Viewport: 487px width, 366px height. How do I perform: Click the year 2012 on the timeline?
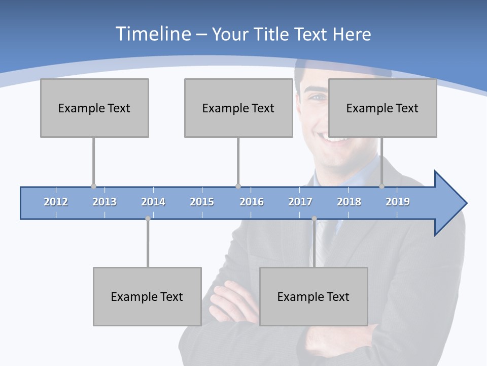(56, 202)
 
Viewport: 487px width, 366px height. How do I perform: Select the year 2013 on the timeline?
(105, 202)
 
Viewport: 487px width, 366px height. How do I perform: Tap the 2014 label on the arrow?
(153, 202)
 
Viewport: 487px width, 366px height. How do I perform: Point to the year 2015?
(202, 202)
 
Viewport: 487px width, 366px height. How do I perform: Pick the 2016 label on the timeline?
(252, 202)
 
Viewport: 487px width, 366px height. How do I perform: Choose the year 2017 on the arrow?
(300, 202)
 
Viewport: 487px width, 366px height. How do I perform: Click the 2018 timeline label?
(349, 202)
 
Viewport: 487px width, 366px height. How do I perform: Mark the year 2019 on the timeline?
(398, 202)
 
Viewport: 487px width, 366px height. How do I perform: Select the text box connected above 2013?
(94, 108)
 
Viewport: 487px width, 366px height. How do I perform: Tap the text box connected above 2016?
(238, 108)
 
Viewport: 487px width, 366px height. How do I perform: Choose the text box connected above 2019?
(382, 108)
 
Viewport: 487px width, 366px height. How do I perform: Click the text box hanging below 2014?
(147, 296)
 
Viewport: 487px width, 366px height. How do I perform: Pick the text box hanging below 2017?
(314, 296)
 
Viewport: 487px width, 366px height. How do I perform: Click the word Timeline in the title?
(153, 34)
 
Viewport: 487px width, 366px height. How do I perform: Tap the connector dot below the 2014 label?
(148, 219)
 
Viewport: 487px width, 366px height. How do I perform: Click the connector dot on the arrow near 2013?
(93, 186)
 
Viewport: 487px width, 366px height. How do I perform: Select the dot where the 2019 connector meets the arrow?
(381, 186)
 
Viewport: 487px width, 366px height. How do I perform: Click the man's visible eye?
(317, 97)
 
